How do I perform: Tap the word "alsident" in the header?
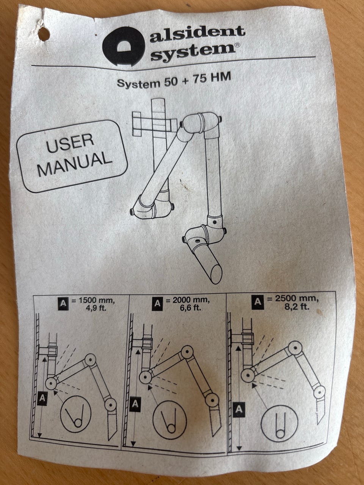point(198,34)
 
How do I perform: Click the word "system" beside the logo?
point(193,51)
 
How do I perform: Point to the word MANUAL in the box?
point(74,164)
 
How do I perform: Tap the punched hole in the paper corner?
point(44,34)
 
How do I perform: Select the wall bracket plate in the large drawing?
point(136,124)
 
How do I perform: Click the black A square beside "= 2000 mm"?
point(157,303)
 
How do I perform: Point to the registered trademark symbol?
point(237,45)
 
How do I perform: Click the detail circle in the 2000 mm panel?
point(169,420)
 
